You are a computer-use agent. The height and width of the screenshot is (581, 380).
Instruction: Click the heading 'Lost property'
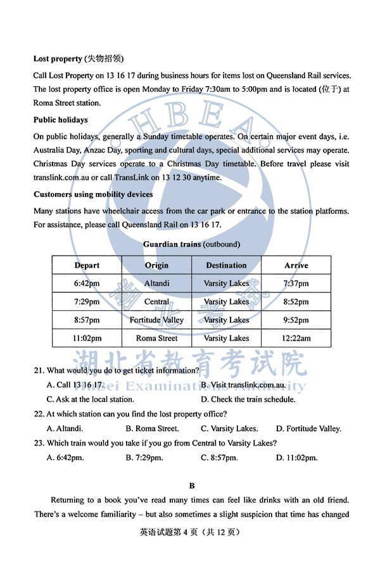pyautogui.click(x=58, y=59)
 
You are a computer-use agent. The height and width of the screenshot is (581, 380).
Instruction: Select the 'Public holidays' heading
pyautogui.click(x=61, y=120)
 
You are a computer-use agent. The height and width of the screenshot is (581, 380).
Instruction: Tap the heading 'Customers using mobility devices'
pyautogui.click(x=92, y=194)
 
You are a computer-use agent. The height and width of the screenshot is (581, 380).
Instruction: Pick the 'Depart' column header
pyautogui.click(x=87, y=265)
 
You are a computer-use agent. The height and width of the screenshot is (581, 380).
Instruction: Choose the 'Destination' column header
pyautogui.click(x=226, y=265)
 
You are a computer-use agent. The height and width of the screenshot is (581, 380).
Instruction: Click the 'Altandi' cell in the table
pyautogui.click(x=156, y=284)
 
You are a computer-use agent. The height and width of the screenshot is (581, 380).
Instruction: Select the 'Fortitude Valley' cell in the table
pyautogui.click(x=156, y=320)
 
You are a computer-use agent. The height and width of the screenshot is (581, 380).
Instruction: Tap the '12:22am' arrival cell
pyautogui.click(x=296, y=339)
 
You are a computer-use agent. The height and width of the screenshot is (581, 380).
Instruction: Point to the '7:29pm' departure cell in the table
pyautogui.click(x=87, y=302)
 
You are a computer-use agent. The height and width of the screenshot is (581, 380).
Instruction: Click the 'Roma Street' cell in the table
pyautogui.click(x=156, y=339)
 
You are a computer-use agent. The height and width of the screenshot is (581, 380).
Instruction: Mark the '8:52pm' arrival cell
pyautogui.click(x=296, y=302)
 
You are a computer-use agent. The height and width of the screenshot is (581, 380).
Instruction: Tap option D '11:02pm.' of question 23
pyautogui.click(x=296, y=458)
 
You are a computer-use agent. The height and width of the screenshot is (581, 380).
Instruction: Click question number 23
pyautogui.click(x=39, y=443)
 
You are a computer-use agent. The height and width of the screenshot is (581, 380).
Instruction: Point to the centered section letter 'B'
pyautogui.click(x=191, y=486)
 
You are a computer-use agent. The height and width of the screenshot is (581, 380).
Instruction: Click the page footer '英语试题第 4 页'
pyautogui.click(x=165, y=532)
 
